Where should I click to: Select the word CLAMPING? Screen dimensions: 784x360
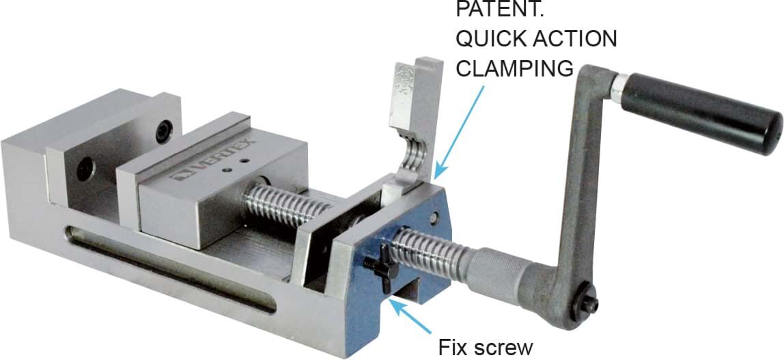pyautogui.click(x=514, y=68)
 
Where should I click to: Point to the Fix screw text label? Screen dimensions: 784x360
pyautogui.click(x=486, y=348)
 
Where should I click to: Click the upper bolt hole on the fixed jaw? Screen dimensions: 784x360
pyautogui.click(x=163, y=132)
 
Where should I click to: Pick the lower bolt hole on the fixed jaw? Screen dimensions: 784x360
pyautogui.click(x=86, y=168)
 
